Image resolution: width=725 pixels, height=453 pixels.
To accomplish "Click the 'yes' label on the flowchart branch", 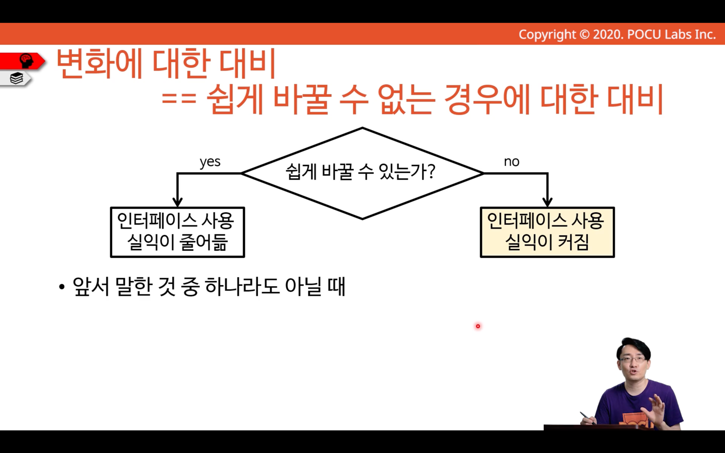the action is [210, 162].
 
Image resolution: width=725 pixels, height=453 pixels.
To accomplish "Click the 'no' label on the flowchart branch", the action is [512, 162].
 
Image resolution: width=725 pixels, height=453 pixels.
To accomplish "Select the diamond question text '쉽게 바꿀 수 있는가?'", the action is [360, 172].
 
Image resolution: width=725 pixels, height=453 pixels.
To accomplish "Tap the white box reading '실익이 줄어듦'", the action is [177, 232].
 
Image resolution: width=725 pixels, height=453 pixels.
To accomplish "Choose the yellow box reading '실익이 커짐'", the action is [547, 232].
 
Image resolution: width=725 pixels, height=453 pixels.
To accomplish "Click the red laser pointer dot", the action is [478, 326].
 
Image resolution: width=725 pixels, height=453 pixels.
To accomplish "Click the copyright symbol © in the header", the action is [584, 35].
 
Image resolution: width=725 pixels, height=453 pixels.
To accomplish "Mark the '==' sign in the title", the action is [179, 98].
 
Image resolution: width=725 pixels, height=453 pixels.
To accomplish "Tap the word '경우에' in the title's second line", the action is [487, 99].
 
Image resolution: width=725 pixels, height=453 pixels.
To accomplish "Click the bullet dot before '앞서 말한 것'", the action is [62, 287].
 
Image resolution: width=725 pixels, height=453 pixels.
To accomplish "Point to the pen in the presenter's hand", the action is [588, 418].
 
